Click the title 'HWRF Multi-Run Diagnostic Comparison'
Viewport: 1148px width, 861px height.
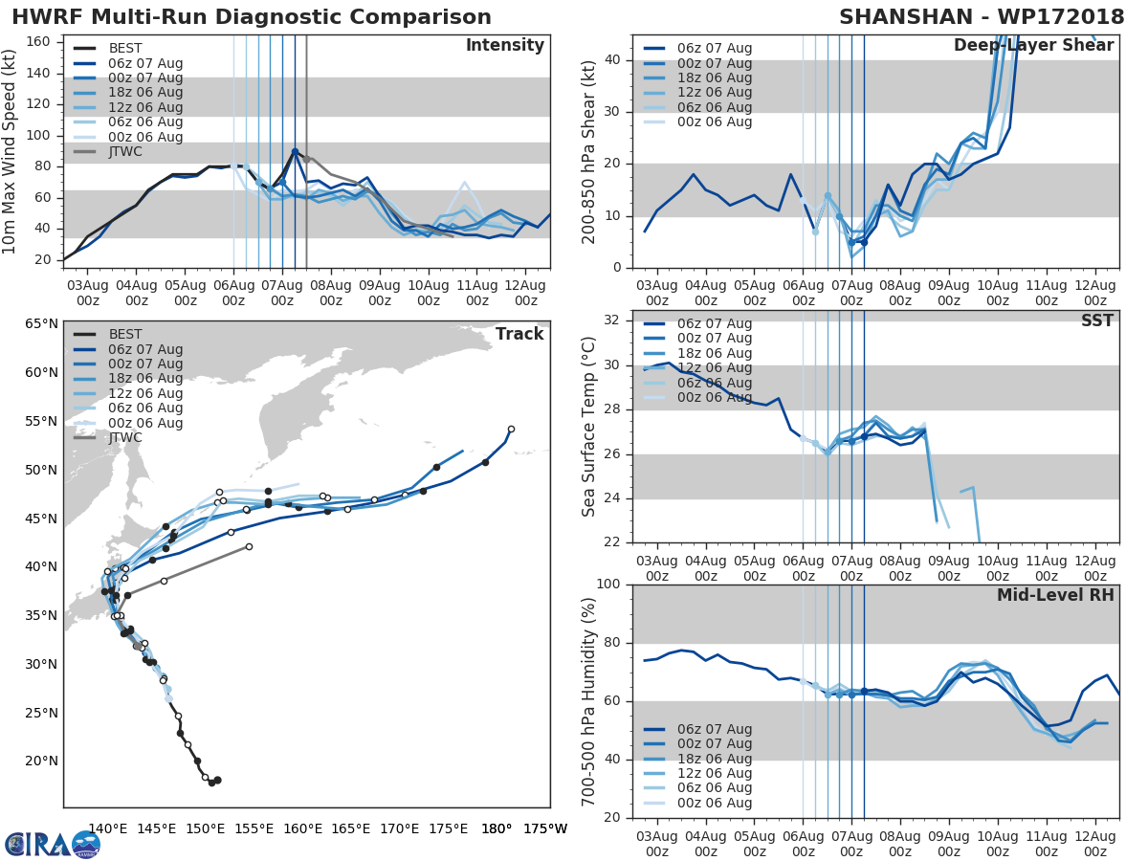coord(252,17)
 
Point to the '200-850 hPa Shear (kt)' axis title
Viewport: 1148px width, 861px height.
coord(590,151)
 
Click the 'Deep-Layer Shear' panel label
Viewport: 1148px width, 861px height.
coord(1033,47)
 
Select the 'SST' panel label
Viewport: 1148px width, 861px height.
coord(1097,320)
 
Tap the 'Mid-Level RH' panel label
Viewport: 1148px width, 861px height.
coord(1054,595)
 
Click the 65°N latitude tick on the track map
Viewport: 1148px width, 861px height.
coord(42,323)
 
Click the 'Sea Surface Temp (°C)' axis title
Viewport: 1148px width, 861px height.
coord(589,426)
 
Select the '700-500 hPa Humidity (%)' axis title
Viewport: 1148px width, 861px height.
coord(589,701)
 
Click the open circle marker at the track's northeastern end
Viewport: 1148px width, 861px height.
coord(511,429)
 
